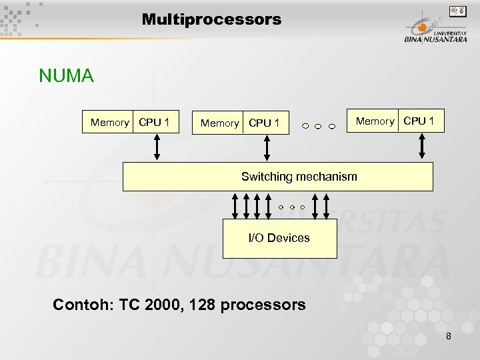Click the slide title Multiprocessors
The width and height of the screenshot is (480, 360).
(211, 19)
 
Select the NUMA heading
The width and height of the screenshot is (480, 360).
(66, 76)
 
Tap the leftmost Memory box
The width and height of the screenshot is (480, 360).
(109, 122)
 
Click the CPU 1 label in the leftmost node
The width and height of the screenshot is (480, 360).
(154, 122)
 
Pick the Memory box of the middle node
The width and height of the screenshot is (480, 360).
(219, 123)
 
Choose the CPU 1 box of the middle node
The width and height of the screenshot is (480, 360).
(265, 123)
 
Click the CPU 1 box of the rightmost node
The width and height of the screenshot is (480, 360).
(419, 121)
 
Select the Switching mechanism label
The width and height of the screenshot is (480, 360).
(299, 177)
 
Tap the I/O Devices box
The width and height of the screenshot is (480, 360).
(279, 237)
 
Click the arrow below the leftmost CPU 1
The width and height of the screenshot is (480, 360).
(157, 147)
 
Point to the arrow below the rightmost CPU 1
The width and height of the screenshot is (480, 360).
(423, 146)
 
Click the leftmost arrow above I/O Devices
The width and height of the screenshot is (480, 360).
(235, 205)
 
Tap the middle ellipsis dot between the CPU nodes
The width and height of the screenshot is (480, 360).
(318, 126)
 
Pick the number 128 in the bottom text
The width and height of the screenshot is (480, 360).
(203, 305)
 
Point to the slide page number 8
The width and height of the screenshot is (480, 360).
(449, 336)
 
